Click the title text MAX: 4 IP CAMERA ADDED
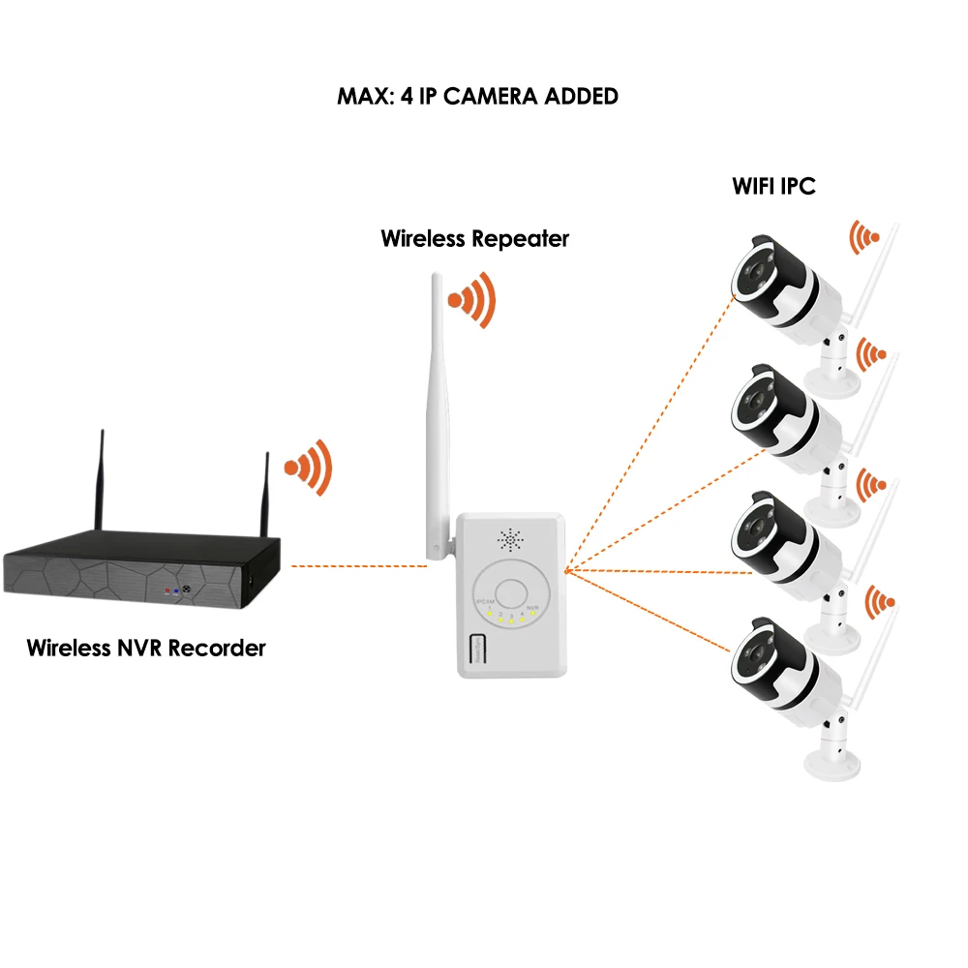coord(477,97)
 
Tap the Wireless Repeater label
coord(474,238)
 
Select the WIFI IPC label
coord(773,186)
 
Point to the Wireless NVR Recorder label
coord(146,648)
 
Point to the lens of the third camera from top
coord(749,527)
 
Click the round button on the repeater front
coord(510,592)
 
